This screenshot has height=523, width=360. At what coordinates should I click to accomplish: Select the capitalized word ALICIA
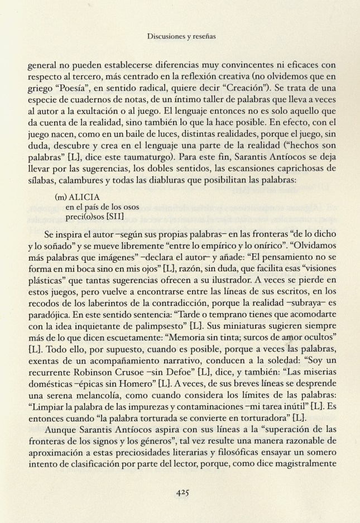[x=83, y=197]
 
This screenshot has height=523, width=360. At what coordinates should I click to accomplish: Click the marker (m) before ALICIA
[x=60, y=197]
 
